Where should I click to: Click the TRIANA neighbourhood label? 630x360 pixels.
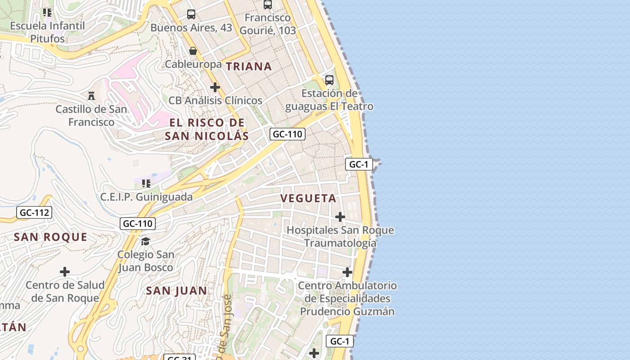249,67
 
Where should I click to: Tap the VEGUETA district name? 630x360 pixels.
308,198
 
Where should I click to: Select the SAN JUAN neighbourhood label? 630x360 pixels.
176,291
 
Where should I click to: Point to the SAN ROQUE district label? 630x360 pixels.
50,237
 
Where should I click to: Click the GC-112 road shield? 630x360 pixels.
34,212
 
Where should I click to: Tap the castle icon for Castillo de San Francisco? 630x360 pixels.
91,95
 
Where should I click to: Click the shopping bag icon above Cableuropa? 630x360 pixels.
193,51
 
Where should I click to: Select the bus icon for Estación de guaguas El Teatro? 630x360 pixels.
329,80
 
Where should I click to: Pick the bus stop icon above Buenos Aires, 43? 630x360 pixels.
191,14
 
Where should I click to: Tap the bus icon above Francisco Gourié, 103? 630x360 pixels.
268,4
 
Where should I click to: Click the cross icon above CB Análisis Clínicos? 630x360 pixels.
215,87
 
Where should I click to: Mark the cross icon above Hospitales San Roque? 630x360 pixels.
340,217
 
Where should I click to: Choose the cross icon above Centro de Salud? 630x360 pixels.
65,272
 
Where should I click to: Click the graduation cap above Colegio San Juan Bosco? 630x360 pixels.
145,241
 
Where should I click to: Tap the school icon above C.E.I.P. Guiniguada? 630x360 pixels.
146,183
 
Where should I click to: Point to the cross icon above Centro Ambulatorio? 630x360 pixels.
347,272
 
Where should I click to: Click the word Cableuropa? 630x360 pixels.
193,64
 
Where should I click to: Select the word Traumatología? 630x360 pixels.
340,243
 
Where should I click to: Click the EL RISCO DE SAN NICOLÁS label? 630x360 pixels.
207,129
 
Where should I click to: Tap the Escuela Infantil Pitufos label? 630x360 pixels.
47,32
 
